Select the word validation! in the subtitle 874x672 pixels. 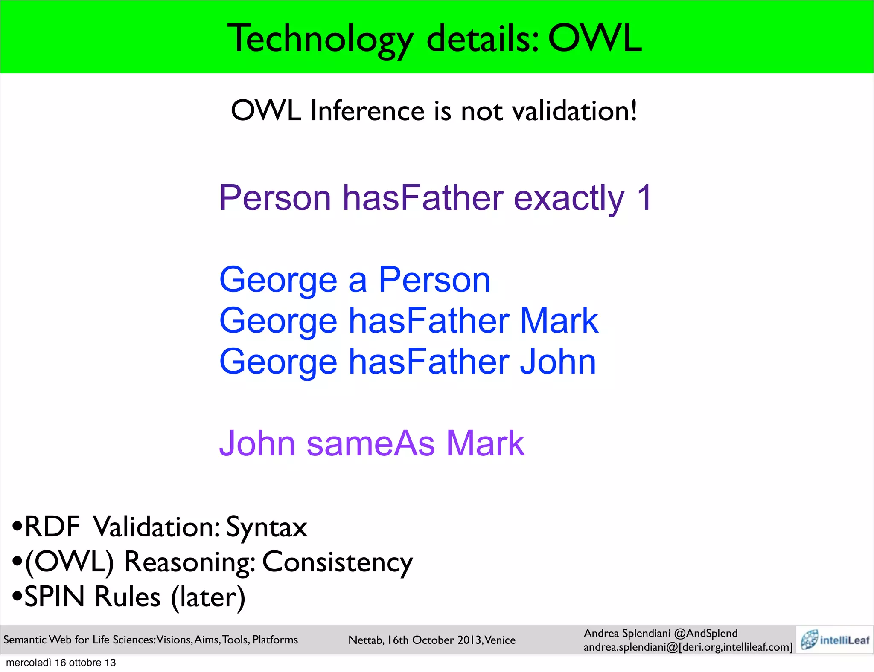(x=574, y=111)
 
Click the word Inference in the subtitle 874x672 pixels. (x=367, y=111)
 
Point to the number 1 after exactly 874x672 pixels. (x=644, y=198)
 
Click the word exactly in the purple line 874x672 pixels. (x=569, y=199)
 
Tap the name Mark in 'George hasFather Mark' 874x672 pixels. (x=559, y=321)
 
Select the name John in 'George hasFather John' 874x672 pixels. (x=558, y=362)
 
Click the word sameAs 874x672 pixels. (x=371, y=443)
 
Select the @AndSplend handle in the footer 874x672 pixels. (x=706, y=633)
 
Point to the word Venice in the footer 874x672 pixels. (x=500, y=640)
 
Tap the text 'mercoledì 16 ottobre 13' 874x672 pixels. (x=61, y=663)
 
